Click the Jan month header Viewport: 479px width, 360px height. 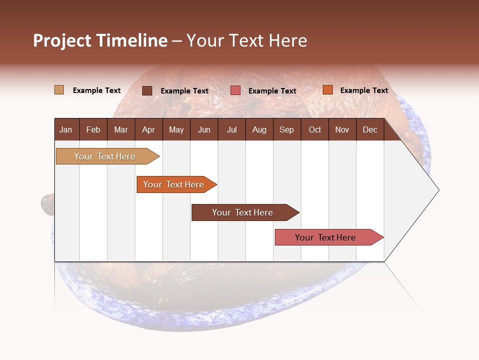[x=66, y=129]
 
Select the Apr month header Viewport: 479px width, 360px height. [x=148, y=129]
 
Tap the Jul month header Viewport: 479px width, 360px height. [x=232, y=129]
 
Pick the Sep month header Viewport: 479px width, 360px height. [x=286, y=129]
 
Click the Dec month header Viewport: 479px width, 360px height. [x=370, y=129]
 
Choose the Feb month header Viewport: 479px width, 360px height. [x=93, y=129]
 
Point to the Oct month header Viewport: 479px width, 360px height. [x=315, y=129]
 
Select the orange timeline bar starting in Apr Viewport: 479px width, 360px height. [x=175, y=184]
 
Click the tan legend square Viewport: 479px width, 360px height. [x=59, y=90]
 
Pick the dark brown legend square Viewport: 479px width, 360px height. [x=147, y=90]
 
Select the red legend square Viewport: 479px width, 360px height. [x=236, y=90]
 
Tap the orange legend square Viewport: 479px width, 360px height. [x=328, y=90]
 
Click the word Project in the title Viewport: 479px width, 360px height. [x=62, y=40]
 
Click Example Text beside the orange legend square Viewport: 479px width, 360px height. [x=364, y=90]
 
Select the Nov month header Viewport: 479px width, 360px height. [x=342, y=129]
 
